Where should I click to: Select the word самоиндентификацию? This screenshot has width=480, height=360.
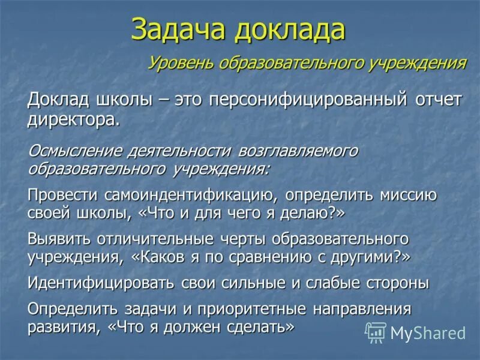pyautogui.click(x=191, y=195)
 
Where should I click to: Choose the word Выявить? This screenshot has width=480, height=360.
pyautogui.click(x=58, y=239)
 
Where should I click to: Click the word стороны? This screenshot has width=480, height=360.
pyautogui.click(x=398, y=283)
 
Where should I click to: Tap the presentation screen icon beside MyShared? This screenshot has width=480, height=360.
pyautogui.click(x=376, y=332)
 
